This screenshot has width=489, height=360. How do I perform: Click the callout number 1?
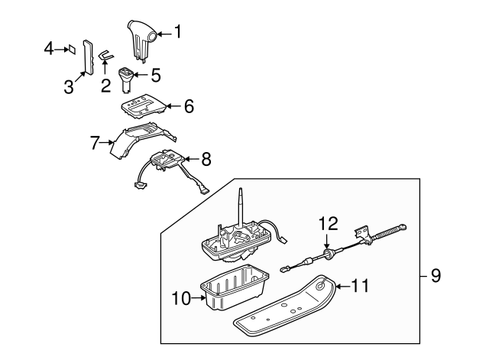[x=178, y=32]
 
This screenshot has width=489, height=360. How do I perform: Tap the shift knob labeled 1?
[x=141, y=41]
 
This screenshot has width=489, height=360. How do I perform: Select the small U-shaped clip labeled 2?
[x=106, y=55]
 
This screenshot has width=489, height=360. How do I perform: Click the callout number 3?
[x=69, y=86]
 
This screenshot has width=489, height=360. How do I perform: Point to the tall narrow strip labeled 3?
[x=88, y=57]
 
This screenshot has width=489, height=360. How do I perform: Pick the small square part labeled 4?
[x=72, y=49]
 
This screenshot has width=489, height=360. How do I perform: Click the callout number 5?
[x=156, y=75]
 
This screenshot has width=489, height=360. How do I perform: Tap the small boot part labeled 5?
[x=126, y=79]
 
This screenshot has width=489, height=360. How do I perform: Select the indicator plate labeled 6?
[x=144, y=107]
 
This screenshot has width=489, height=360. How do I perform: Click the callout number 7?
[x=95, y=143]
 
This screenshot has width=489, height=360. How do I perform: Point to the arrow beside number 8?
[x=191, y=159]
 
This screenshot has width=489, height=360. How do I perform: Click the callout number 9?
[x=436, y=276]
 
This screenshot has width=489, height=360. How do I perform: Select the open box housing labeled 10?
[x=235, y=287]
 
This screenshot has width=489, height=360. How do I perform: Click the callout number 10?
[x=181, y=298]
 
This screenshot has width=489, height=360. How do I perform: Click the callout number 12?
[x=328, y=224]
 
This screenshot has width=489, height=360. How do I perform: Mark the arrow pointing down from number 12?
[x=327, y=241]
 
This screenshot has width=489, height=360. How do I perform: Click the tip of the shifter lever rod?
[x=241, y=188]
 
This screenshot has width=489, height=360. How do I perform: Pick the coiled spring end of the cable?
[x=387, y=234]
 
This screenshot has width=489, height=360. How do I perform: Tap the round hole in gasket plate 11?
[x=319, y=285]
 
